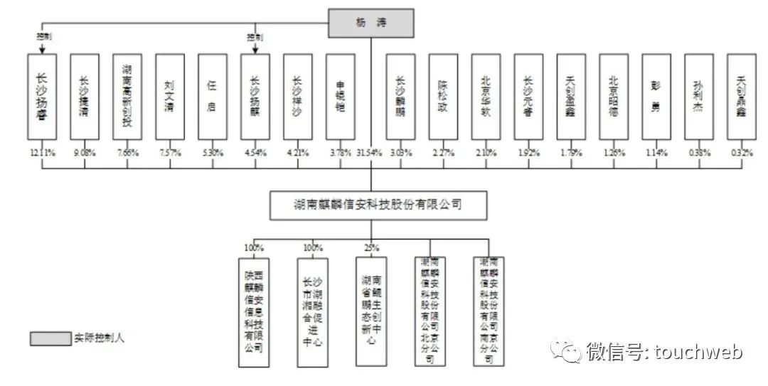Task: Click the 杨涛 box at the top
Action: click(370, 23)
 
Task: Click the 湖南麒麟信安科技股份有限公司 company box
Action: click(378, 205)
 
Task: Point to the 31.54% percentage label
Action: click(370, 152)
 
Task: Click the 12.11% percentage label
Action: click(42, 152)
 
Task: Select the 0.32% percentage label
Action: click(741, 152)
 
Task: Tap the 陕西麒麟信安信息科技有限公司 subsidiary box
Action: click(254, 312)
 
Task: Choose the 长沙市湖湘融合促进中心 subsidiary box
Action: click(313, 312)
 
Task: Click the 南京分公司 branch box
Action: click(489, 312)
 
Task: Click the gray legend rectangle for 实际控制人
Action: click(50, 338)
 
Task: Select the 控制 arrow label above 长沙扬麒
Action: click(255, 36)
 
